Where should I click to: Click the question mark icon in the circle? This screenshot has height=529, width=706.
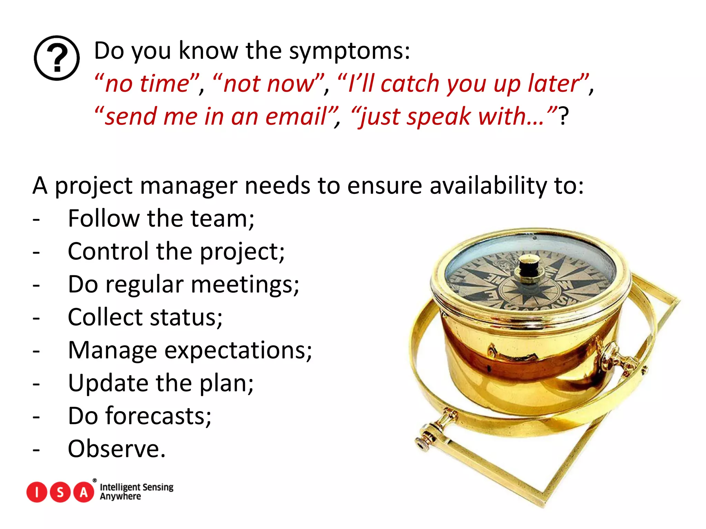coord(57,58)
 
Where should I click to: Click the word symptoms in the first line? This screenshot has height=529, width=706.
coord(349,51)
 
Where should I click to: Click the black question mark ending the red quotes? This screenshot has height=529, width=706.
coord(564,116)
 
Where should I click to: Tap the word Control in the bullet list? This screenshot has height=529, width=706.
coord(108,251)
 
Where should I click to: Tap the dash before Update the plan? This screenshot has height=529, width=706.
coord(37,383)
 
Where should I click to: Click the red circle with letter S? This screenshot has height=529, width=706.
coord(60,492)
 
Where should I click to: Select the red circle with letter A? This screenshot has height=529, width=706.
coord(84,492)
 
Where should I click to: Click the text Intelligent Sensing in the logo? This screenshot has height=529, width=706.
coord(137,487)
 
